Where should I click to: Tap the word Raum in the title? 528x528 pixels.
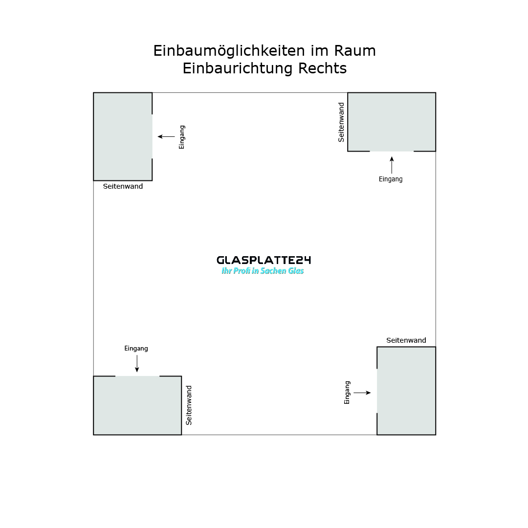pos(355,51)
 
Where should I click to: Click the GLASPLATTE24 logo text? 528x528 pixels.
pos(264,260)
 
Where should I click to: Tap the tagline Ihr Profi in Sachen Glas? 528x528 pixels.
pos(263,271)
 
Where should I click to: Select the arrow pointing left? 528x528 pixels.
pos(166,137)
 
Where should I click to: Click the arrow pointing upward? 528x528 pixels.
pos(392,165)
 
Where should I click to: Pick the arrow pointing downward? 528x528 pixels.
pos(137,363)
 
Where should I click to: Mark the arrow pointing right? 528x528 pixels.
pos(362,393)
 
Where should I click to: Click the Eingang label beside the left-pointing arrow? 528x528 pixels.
pos(182,137)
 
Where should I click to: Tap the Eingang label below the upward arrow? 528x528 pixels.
pos(391,179)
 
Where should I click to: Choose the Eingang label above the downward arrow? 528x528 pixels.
pos(136,349)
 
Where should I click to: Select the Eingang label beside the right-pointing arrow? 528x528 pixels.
pos(347,393)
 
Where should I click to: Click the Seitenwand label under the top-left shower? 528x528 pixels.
pos(123,186)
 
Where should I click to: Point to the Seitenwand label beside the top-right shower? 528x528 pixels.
pos(341,122)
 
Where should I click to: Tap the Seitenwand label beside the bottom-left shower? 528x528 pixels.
pos(189,405)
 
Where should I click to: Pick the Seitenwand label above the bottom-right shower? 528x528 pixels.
pos(406,340)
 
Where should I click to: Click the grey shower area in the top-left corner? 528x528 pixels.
pos(122,136)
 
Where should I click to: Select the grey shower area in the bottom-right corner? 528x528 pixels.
pos(406,391)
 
